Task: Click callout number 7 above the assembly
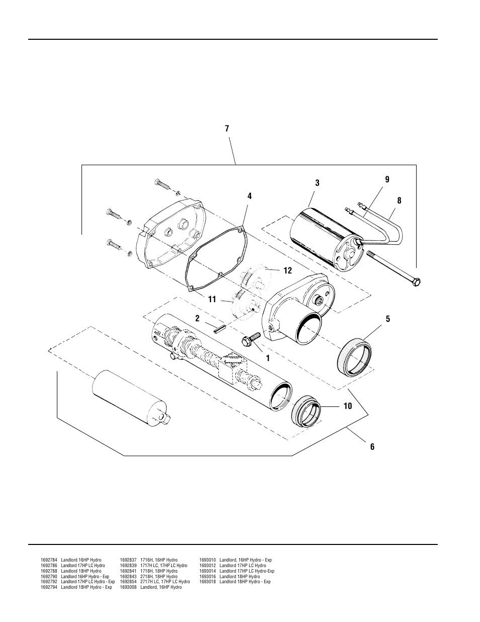(x=227, y=129)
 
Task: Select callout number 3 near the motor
(x=317, y=183)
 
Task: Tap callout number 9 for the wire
(x=387, y=179)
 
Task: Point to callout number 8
(x=399, y=200)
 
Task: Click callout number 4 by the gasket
(x=249, y=196)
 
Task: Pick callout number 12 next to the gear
(x=287, y=271)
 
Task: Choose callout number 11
(x=212, y=300)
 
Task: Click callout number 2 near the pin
(x=197, y=318)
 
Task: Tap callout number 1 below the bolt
(x=268, y=359)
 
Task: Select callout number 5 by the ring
(x=387, y=319)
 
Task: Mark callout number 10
(x=347, y=406)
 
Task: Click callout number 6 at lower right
(x=372, y=447)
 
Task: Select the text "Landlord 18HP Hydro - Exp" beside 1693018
(x=245, y=582)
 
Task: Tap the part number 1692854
(x=128, y=582)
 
